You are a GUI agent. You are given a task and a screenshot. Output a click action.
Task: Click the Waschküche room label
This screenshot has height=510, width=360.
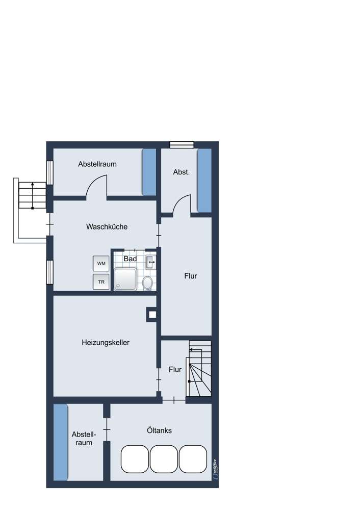[107, 227]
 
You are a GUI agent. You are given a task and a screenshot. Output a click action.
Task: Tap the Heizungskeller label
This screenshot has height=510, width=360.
[106, 343]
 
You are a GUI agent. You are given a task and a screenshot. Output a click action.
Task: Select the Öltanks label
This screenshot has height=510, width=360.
[160, 430]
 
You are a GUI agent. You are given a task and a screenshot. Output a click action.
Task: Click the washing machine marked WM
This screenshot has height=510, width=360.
[101, 264]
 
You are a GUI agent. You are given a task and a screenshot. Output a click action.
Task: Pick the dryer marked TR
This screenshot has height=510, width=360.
[101, 282]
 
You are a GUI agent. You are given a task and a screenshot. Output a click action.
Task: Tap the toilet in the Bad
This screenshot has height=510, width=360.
[148, 283]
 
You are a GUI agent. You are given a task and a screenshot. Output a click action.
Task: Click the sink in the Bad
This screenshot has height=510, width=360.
[150, 262]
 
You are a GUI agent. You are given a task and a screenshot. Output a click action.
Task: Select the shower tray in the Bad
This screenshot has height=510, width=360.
[125, 279]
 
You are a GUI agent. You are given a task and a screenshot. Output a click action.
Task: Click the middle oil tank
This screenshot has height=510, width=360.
[164, 459]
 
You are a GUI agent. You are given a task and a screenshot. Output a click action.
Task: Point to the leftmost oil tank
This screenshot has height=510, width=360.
[135, 459]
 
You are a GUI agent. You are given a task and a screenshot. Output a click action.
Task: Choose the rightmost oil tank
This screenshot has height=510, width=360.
[193, 459]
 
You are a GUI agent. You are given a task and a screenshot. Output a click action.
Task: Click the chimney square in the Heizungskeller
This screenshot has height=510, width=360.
[152, 315]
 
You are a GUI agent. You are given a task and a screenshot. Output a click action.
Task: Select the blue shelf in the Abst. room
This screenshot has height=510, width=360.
[205, 181]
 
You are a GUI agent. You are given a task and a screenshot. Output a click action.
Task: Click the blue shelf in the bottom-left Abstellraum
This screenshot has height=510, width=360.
[61, 442]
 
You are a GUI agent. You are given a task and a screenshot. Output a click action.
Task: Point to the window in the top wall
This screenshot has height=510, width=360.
[182, 145]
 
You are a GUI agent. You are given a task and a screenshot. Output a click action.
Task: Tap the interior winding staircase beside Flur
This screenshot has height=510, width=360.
[199, 368]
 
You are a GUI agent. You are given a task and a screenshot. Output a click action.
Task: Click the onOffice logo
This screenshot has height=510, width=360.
[215, 468]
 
